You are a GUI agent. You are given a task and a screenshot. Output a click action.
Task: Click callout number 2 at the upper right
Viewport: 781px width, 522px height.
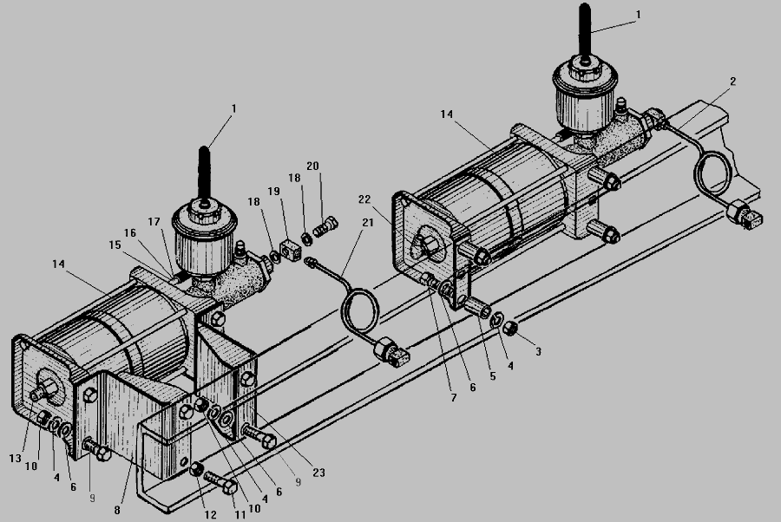pos(732,82)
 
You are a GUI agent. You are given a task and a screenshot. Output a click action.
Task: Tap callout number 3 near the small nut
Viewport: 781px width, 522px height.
pos(538,351)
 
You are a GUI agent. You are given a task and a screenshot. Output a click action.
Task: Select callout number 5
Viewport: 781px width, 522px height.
pos(493,376)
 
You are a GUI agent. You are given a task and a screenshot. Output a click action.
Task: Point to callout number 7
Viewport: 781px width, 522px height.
pos(453,398)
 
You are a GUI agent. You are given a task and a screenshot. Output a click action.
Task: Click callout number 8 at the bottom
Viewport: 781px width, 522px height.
pos(117,510)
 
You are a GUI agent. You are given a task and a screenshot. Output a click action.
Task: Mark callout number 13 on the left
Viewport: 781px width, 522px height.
pos(15,459)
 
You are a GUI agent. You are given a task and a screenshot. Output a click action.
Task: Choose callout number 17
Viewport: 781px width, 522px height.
pos(154,221)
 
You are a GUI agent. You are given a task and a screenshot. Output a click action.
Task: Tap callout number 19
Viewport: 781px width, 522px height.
pos(273,191)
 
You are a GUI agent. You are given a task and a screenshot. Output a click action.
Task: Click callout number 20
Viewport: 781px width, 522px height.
pos(312,166)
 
